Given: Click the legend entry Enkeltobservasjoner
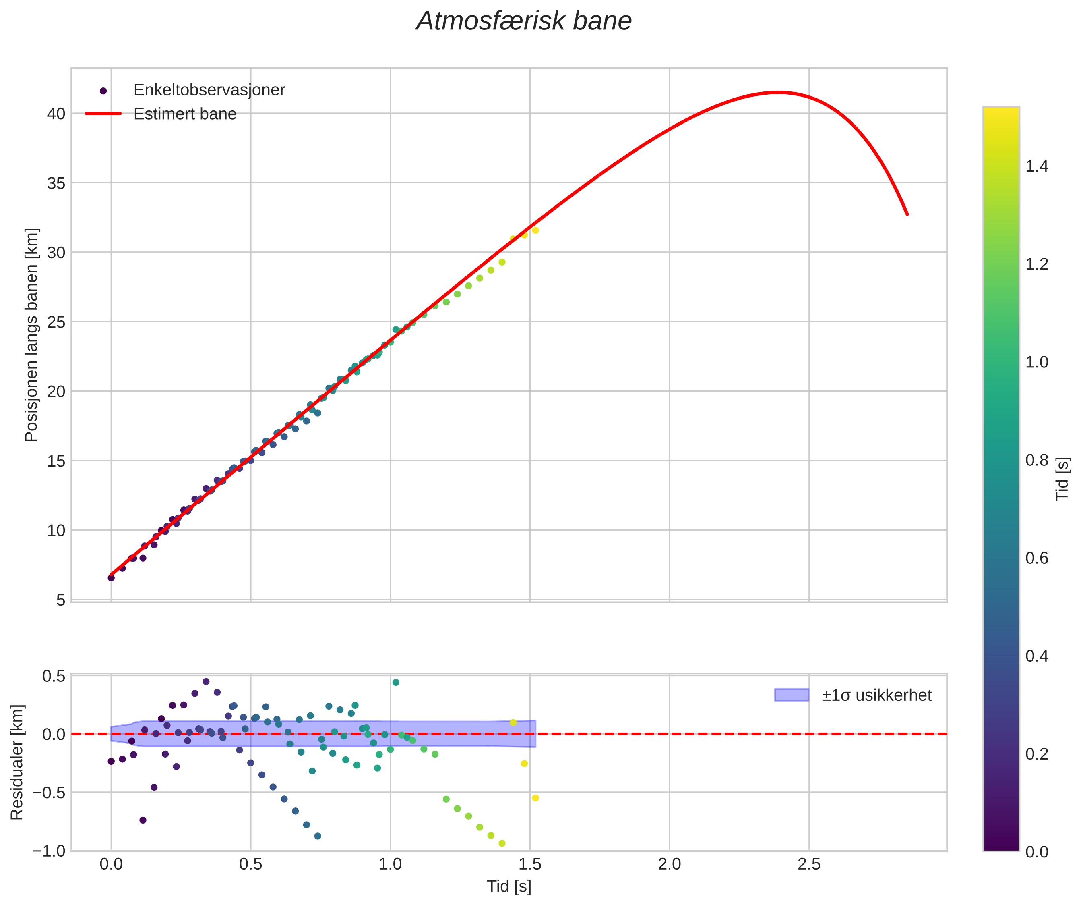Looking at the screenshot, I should point(209,90).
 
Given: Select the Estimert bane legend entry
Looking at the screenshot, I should point(184,114).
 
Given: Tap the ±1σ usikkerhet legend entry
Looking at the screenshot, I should point(876,695).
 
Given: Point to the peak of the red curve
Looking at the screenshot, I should point(778,92).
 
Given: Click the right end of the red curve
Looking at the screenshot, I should point(907,214).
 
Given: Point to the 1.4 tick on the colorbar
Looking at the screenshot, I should point(1037,166).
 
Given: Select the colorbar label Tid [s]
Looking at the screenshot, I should point(1062,479).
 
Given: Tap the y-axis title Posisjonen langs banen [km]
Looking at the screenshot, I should point(32,335).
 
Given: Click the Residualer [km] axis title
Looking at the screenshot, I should point(17,762).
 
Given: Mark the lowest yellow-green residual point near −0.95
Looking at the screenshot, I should point(502,843).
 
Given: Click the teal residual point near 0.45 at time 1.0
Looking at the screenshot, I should point(396,683).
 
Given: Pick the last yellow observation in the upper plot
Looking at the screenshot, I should point(535,230).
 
